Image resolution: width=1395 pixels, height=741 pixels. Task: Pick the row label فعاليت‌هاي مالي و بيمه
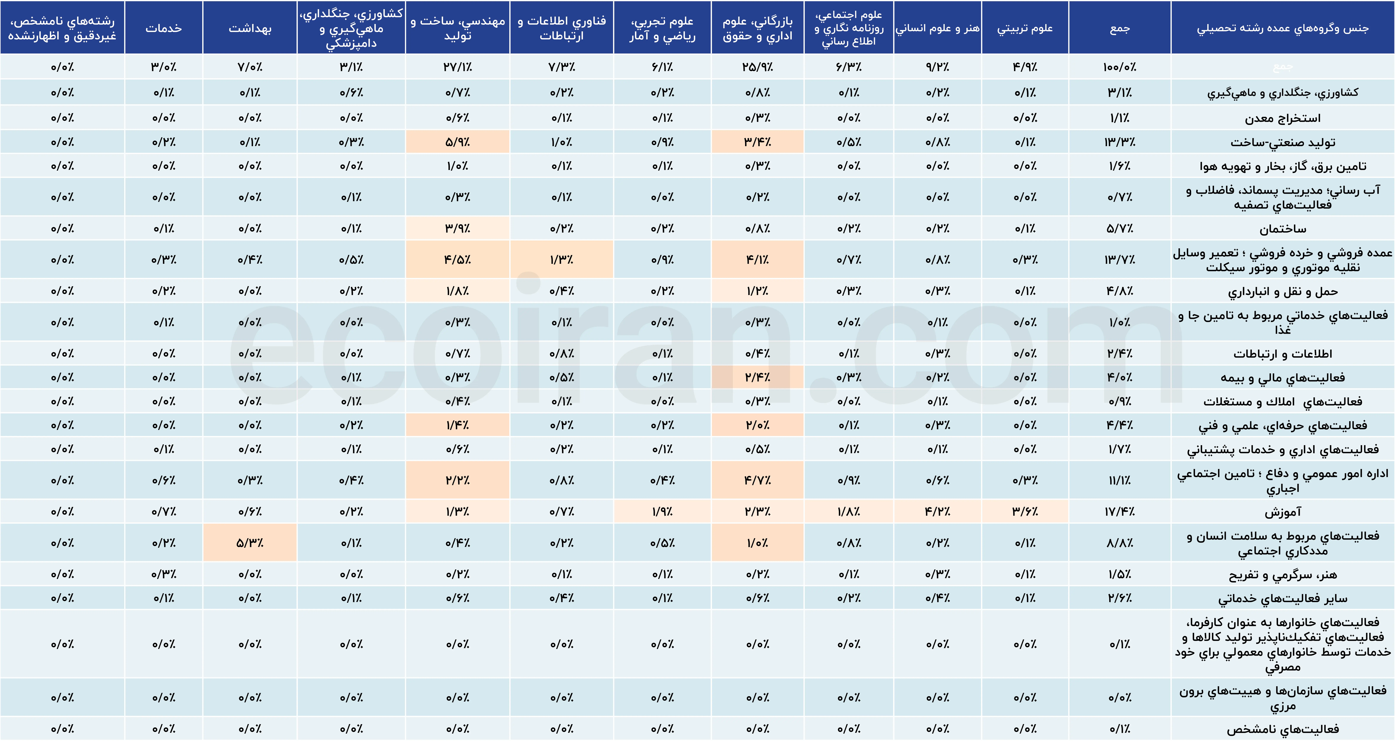1282,378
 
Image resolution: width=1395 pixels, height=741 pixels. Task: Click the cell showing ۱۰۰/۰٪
1119,67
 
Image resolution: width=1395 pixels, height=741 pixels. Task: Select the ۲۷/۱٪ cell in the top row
458,67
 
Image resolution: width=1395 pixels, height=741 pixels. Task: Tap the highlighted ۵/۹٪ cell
458,142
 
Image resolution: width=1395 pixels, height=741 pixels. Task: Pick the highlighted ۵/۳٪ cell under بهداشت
250,543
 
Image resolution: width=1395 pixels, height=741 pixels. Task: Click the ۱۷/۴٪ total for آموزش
1119,511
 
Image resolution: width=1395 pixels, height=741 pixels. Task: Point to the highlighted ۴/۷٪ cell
757,480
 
